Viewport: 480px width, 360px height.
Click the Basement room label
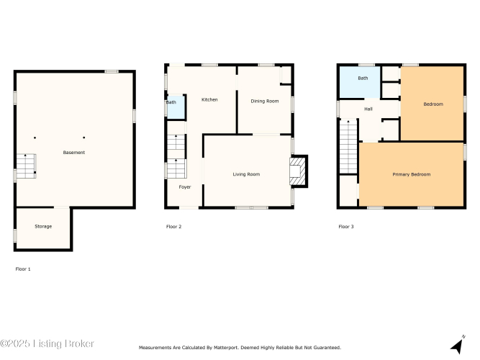pos(74,152)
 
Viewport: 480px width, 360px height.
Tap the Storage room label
pos(43,226)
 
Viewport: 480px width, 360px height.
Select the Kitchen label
pos(209,99)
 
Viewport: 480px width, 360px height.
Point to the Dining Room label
pos(265,101)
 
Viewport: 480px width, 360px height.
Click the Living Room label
pos(246,174)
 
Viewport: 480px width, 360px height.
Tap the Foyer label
pos(185,187)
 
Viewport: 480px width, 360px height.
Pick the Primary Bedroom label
pos(412,174)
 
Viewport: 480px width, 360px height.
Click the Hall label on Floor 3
pos(368,109)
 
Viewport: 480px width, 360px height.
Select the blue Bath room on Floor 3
pos(360,82)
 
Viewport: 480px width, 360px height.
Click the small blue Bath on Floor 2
pos(176,107)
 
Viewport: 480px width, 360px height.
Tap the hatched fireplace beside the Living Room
pos(298,171)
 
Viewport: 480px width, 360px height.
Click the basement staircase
pos(26,166)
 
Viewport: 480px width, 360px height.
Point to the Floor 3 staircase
pos(348,147)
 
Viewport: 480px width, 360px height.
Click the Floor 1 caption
pos(23,269)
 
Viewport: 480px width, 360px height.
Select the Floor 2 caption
pos(174,227)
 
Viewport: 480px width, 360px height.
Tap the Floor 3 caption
pos(346,227)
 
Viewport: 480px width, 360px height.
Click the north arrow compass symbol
pos(458,345)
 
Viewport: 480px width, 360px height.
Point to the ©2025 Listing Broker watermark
pos(47,343)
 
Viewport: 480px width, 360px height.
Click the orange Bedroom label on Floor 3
pos(433,104)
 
